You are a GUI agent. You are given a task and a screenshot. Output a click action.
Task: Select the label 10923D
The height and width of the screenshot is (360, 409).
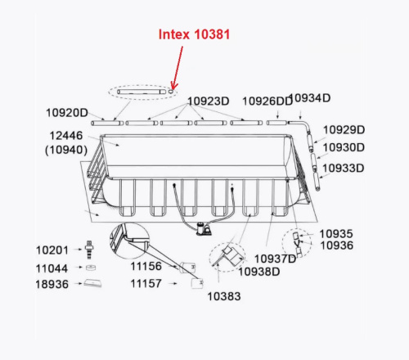click(x=208, y=101)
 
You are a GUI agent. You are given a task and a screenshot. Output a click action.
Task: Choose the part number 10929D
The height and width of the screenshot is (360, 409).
click(x=343, y=129)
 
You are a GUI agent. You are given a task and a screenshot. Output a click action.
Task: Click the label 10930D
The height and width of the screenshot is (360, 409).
click(x=343, y=148)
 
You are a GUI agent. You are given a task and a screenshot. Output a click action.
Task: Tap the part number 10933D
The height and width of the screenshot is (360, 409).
click(x=343, y=169)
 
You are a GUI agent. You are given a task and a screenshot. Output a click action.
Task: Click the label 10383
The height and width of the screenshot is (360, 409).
click(x=224, y=295)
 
